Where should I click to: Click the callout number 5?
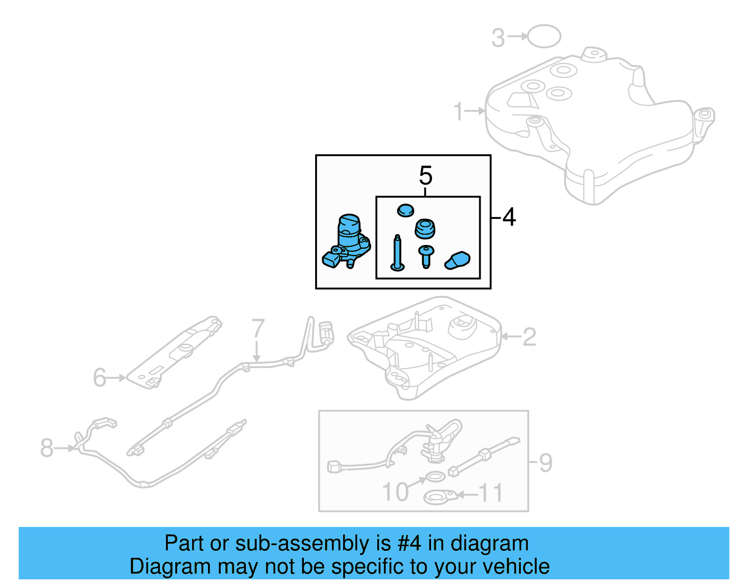425,176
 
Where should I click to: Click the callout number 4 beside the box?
509,217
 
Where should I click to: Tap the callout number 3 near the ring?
498,38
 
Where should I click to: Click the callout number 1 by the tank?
459,112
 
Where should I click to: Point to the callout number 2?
529,337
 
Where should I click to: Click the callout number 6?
99,377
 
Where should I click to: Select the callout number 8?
47,447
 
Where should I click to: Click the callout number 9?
545,463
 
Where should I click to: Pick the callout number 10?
396,492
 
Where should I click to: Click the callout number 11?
491,493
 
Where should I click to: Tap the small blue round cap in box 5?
405,210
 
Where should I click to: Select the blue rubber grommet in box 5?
425,229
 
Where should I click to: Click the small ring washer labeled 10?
435,477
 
